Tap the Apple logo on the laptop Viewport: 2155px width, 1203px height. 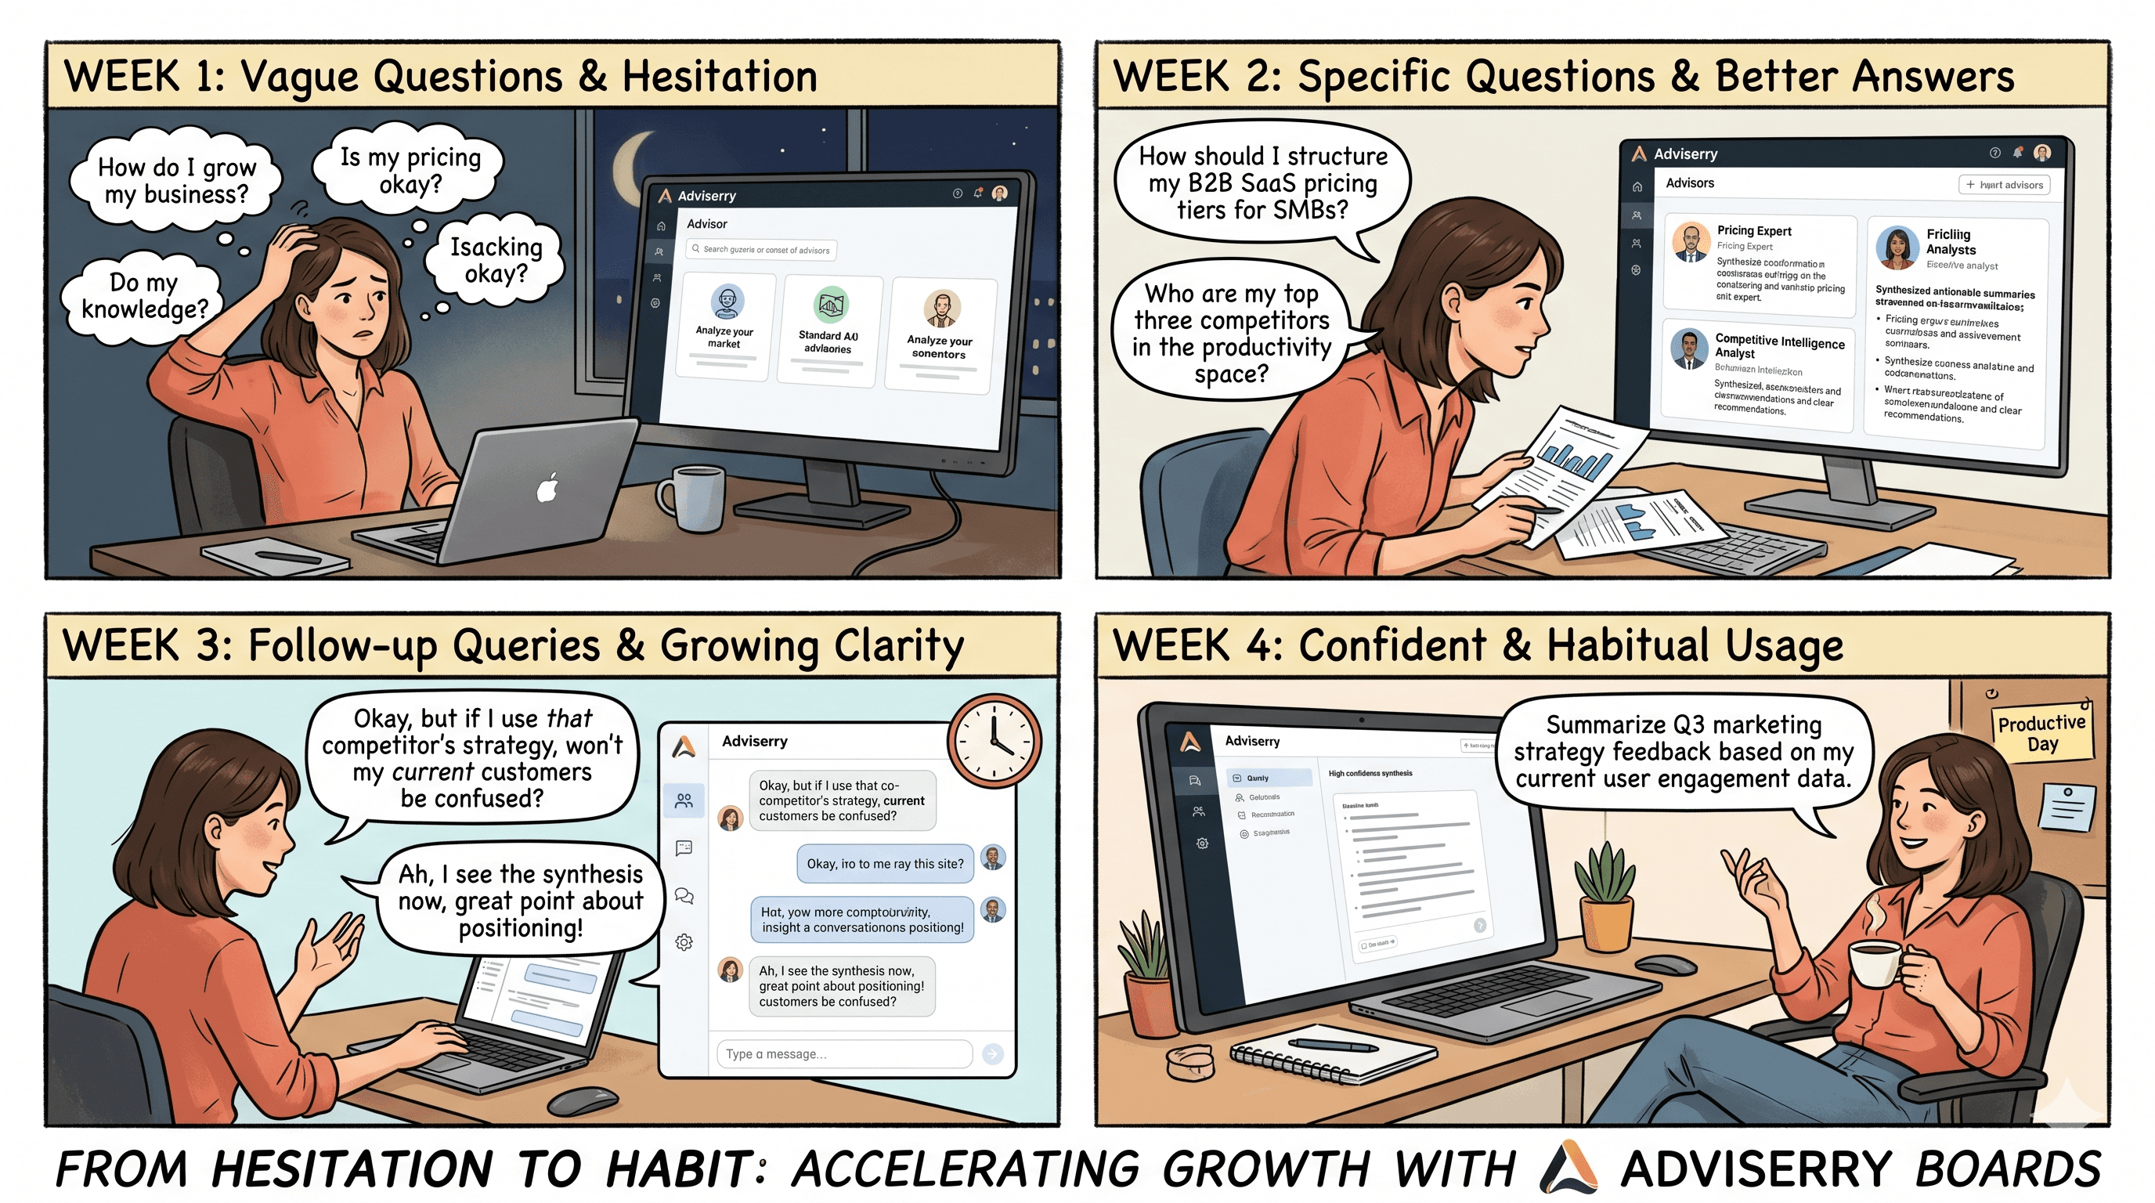tap(548, 488)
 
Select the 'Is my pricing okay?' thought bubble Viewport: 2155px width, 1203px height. tap(409, 171)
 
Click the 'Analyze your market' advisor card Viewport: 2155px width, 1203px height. tap(724, 327)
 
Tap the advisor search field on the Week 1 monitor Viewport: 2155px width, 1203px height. tap(761, 249)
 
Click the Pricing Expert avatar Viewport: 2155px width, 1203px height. tap(1691, 244)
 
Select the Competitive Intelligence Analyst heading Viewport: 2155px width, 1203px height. tap(1778, 346)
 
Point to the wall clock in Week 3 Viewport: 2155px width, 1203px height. tap(994, 739)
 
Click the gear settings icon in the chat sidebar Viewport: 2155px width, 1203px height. tap(684, 942)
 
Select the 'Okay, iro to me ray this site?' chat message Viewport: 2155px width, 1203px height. tap(884, 863)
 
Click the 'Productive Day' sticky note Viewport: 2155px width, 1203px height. tap(2041, 734)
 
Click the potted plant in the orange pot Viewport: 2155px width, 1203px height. tap(1605, 895)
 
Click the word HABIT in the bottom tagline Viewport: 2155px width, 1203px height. tap(677, 1168)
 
